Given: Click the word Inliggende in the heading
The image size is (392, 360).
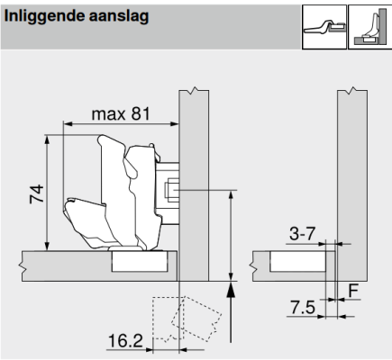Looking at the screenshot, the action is [44, 16].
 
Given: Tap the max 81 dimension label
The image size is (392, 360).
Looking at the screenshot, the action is [121, 114].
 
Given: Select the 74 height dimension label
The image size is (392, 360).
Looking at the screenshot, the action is [37, 194].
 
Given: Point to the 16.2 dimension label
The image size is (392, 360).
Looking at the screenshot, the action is [125, 340].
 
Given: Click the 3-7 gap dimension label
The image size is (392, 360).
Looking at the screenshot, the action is [303, 233].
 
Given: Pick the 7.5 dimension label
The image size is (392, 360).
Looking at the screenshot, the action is [303, 308].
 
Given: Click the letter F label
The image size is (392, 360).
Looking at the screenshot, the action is [353, 291].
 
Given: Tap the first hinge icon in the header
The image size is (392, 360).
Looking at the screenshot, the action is [324, 27].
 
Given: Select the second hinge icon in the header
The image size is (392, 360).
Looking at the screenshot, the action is [370, 27].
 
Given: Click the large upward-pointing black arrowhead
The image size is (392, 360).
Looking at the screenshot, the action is [231, 290].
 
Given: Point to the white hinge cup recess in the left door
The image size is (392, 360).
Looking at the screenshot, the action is [140, 261].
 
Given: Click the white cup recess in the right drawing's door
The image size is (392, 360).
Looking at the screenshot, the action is [297, 261].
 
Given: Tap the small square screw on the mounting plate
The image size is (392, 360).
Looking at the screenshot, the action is [172, 190].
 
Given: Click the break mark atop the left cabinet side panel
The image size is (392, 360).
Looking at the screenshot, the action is [194, 90].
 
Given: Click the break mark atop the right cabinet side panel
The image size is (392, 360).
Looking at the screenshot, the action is [352, 90].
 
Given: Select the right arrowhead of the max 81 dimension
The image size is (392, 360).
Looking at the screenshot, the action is [175, 123].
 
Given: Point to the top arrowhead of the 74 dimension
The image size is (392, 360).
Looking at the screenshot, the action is [47, 139].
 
